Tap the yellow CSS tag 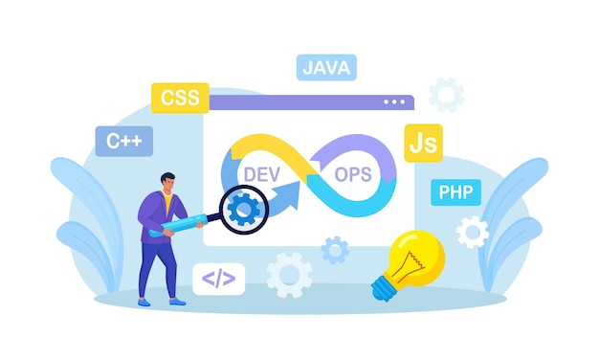(x=179, y=98)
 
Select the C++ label (x=123, y=142)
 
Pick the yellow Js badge (x=422, y=143)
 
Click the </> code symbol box (x=218, y=279)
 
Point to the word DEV (x=261, y=174)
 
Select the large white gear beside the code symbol (x=288, y=275)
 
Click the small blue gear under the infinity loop (x=335, y=250)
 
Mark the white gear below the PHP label (x=472, y=232)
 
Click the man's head (x=167, y=183)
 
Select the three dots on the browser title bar (x=394, y=101)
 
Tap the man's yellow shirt (x=168, y=205)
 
